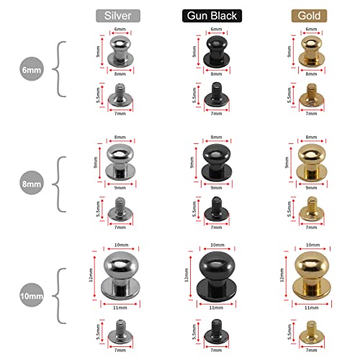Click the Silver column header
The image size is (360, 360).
point(118,16)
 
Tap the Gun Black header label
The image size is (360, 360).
point(212,16)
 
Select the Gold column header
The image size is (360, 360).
point(309,16)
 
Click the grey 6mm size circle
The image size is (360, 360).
point(32,69)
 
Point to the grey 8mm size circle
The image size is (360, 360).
point(32,183)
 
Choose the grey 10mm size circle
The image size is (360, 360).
point(32,295)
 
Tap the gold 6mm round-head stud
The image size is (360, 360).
point(311,51)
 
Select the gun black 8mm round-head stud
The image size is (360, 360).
point(217,162)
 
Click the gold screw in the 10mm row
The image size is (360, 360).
point(312,332)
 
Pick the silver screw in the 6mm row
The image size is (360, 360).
point(120,95)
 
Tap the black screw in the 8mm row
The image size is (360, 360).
point(217,209)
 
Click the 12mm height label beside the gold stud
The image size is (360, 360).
point(282,275)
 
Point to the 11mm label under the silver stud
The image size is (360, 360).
point(120,307)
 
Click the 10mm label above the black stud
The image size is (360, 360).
point(217,245)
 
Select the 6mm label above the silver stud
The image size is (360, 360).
point(120,29)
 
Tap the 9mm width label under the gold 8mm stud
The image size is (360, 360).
point(311,187)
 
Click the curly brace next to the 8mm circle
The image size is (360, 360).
point(58,184)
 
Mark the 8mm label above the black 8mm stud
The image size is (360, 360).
point(216,137)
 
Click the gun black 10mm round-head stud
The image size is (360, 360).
point(217,275)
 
